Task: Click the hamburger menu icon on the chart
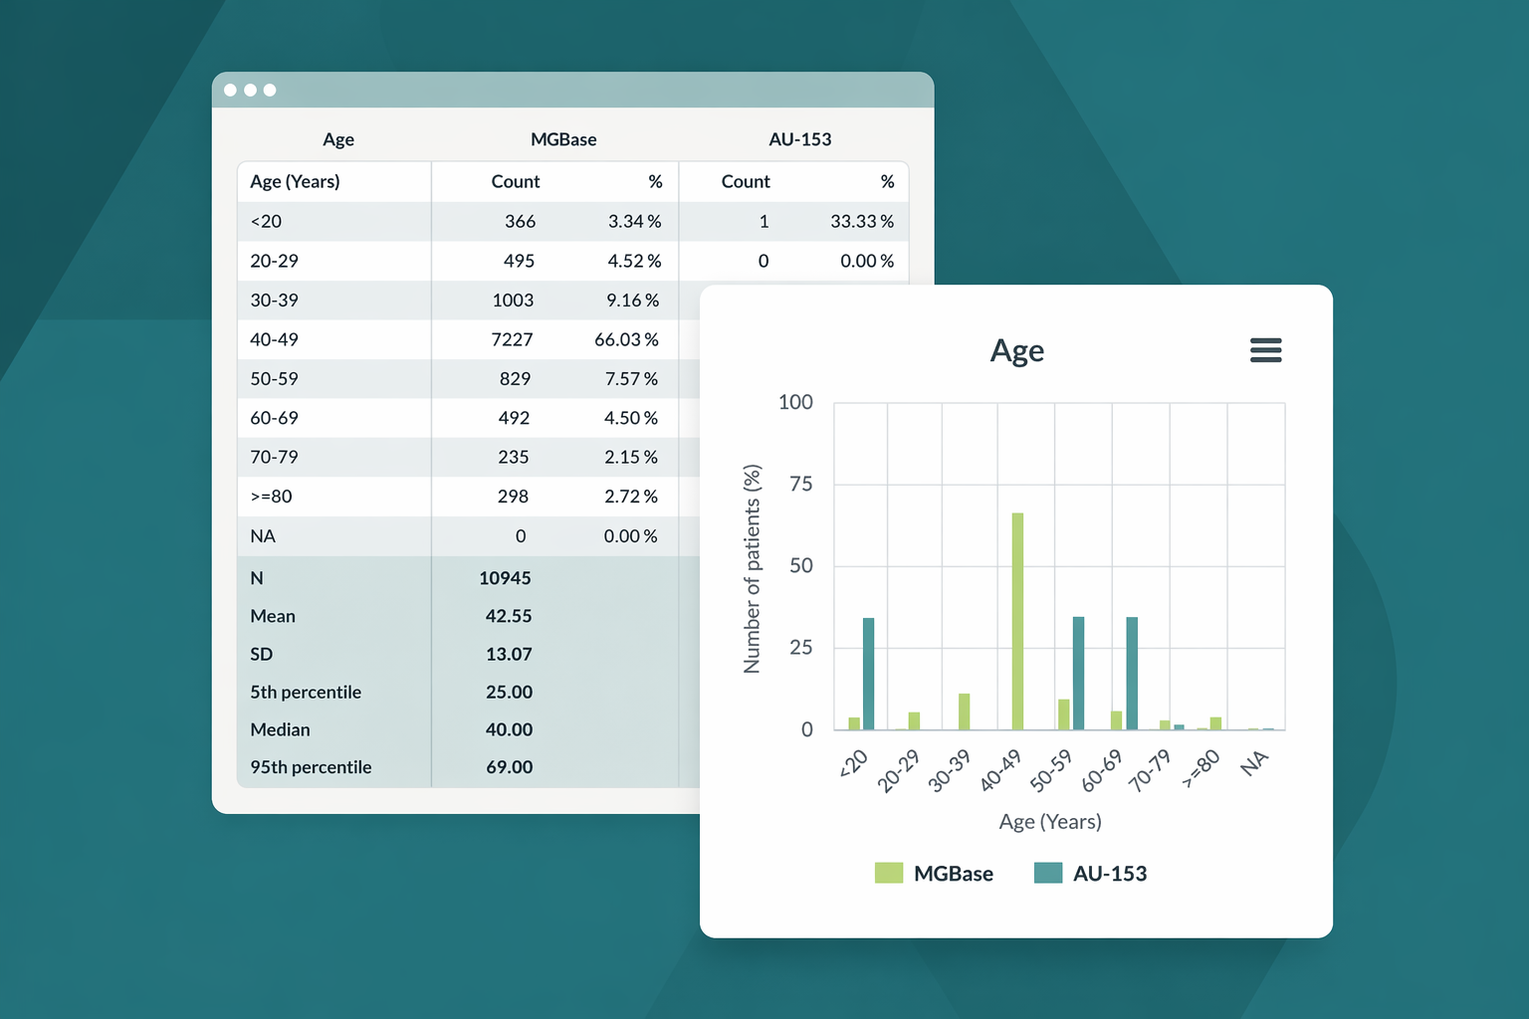(x=1265, y=350)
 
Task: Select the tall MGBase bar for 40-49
(x=1017, y=621)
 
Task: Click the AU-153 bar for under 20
(x=868, y=674)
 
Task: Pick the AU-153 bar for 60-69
(x=1132, y=673)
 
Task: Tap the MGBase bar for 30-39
(x=964, y=712)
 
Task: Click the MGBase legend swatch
(x=889, y=873)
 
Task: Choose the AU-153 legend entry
(x=1090, y=873)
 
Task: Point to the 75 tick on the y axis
(x=801, y=484)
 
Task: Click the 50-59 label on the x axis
(x=1051, y=770)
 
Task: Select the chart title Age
(x=1017, y=351)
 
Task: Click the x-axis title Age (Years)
(x=1050, y=821)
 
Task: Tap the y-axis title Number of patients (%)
(x=752, y=568)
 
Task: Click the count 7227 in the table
(x=512, y=339)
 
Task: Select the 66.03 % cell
(x=626, y=339)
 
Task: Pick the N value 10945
(x=505, y=578)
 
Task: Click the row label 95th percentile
(x=311, y=766)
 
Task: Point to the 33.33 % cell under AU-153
(x=862, y=221)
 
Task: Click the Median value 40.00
(x=509, y=729)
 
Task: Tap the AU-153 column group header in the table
(x=800, y=139)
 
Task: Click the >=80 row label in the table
(x=271, y=497)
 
